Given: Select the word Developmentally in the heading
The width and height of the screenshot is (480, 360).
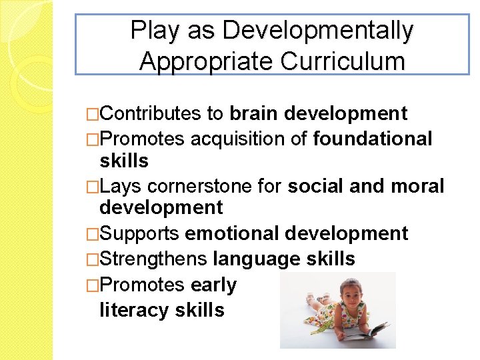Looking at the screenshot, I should pos(319,31).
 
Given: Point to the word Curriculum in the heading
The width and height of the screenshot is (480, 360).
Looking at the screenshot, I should pos(343,61).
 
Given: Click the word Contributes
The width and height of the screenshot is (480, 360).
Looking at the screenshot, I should pos(151,114).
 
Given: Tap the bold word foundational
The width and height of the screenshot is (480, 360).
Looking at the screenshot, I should pos(373,139).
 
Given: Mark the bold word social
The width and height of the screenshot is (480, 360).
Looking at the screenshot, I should pos(315,186).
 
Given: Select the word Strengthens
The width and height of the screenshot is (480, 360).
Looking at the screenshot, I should pos(153,259).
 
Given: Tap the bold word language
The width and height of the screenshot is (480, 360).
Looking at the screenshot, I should pos(257,259).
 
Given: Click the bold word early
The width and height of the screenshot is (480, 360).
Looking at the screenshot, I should pos(213,285).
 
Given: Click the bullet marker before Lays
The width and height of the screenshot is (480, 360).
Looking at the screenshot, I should pos(93,187).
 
